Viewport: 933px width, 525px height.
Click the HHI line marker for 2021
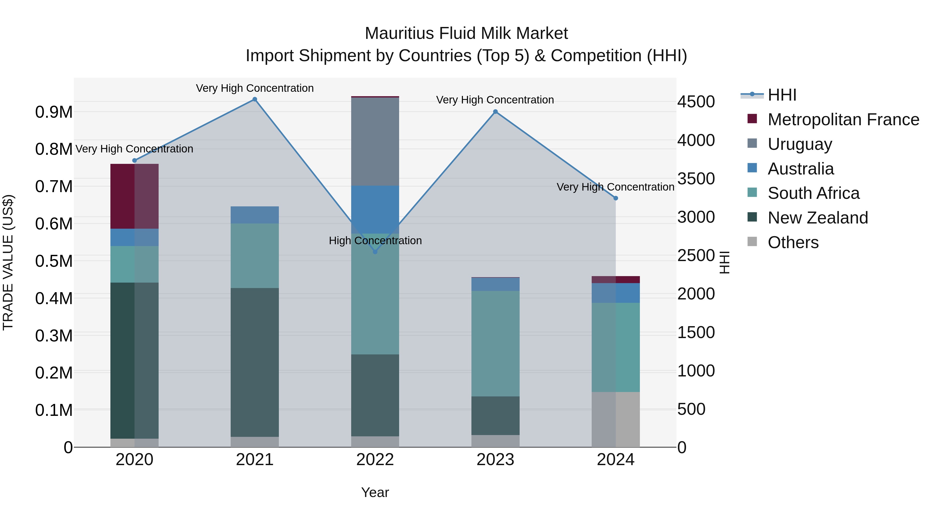pyautogui.click(x=255, y=99)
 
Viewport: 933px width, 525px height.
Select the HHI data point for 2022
pyautogui.click(x=375, y=252)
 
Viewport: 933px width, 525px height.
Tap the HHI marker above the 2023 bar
pyautogui.click(x=496, y=111)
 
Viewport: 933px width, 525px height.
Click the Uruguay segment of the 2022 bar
pyautogui.click(x=375, y=141)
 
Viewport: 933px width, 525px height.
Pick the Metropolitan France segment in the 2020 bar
pyautogui.click(x=134, y=196)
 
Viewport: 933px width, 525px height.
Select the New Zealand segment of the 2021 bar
pyautogui.click(x=255, y=362)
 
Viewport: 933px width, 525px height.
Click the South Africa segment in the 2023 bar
pyautogui.click(x=496, y=344)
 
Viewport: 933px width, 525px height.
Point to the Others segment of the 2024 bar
pyautogui.click(x=616, y=419)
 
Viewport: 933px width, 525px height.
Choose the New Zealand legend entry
pyautogui.click(x=817, y=218)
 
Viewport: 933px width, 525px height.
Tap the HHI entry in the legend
pyautogui.click(x=782, y=95)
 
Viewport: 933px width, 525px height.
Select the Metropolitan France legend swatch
pyautogui.click(x=752, y=119)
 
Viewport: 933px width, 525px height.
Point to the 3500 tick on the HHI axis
pyautogui.click(x=696, y=179)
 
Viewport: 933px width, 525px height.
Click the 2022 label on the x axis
pyautogui.click(x=375, y=460)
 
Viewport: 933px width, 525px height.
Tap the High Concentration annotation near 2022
pyautogui.click(x=375, y=241)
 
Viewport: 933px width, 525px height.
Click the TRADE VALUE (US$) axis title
pyautogui.click(x=8, y=262)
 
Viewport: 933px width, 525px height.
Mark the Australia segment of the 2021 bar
pyautogui.click(x=255, y=215)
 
